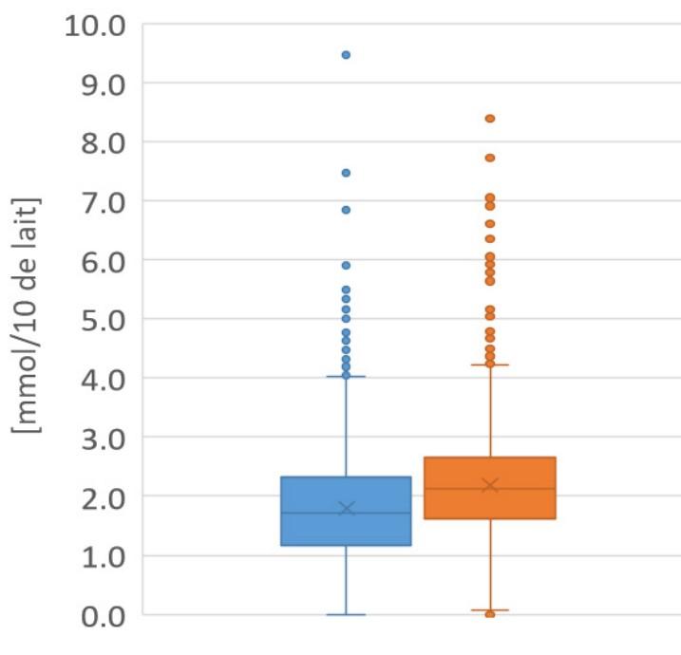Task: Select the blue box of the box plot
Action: pos(346,511)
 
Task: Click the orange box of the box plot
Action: pos(490,488)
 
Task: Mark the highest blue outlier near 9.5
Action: pos(346,55)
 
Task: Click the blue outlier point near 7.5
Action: pos(346,173)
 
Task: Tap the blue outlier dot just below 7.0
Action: pos(346,210)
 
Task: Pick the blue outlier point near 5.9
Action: pos(346,266)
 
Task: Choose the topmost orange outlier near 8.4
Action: pos(490,119)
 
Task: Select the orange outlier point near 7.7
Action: pos(490,159)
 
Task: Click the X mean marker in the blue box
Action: pos(346,509)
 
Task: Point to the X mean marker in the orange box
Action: pos(490,485)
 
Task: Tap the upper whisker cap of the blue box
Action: pos(346,377)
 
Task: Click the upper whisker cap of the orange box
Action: pos(490,365)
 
